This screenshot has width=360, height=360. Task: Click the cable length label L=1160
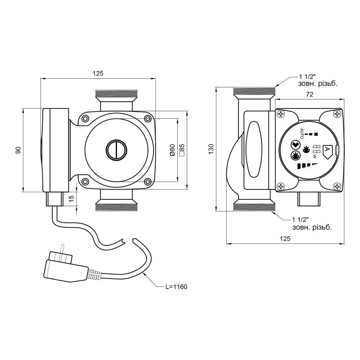[x=176, y=287]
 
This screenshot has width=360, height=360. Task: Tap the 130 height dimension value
[x=211, y=149]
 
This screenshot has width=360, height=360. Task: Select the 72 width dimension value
[x=310, y=94]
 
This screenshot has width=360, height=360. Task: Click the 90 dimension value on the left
[x=18, y=150]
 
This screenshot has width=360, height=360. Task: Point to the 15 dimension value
[x=72, y=198]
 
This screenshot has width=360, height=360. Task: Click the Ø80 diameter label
[x=172, y=150]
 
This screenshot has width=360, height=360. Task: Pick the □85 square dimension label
[x=182, y=150]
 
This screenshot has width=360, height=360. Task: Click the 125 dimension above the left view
[x=98, y=73]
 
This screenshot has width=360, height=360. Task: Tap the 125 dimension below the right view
[x=285, y=238]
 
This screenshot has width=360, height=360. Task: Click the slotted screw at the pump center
[x=117, y=150]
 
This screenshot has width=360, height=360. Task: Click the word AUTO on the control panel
[x=302, y=133]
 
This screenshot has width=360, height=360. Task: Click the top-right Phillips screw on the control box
[x=337, y=114]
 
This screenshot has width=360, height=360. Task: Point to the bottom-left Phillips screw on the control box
[x=281, y=186]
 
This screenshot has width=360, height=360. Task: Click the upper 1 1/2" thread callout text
[x=318, y=80]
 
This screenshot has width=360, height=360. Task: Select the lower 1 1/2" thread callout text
[x=312, y=224]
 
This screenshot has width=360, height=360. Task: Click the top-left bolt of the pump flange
[x=85, y=118]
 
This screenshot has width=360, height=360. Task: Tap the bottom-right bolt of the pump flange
[x=148, y=182]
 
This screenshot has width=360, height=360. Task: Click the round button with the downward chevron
[x=296, y=145]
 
